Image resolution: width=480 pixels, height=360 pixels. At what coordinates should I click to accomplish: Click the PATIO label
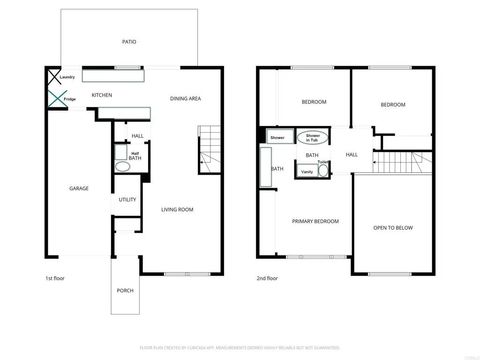130,43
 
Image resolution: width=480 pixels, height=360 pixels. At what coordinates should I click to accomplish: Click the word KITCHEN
102,96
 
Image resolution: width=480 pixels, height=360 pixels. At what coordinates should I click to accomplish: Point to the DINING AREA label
186,98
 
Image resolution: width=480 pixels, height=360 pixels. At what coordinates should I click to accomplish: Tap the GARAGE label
79,188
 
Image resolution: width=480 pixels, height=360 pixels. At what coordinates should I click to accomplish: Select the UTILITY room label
128,200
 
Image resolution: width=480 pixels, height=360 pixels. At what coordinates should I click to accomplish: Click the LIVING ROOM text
177,209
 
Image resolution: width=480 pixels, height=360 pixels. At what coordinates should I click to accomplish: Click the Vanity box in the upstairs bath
307,171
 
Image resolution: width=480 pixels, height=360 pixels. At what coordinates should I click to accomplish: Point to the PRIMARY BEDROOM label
314,220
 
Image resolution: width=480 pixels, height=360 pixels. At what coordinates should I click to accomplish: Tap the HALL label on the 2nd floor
352,155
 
